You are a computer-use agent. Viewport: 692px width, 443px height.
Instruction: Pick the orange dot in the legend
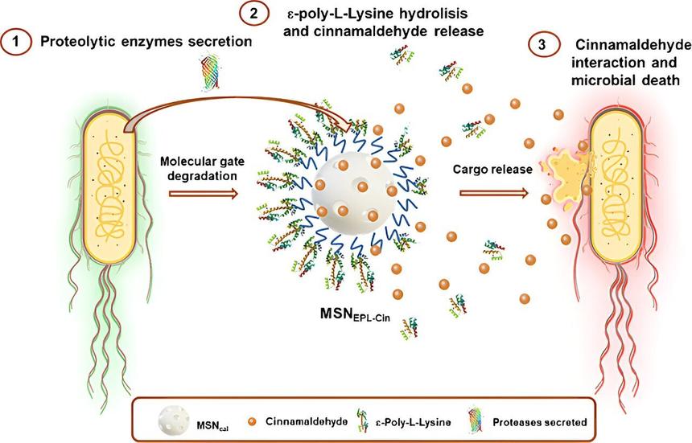[253, 420]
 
